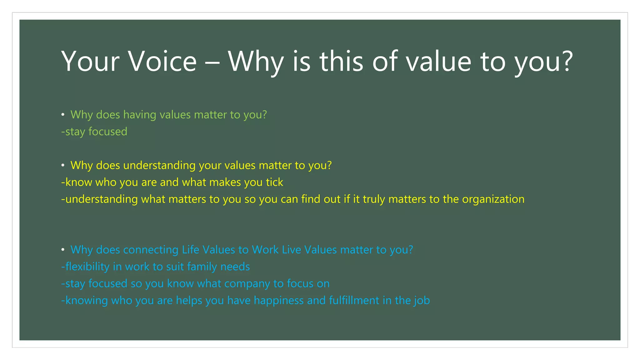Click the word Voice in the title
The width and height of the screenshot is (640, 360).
[x=162, y=61]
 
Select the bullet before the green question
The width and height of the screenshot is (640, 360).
[x=63, y=115]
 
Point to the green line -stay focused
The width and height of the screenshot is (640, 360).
[x=94, y=132]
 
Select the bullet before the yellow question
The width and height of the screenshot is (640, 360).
[x=63, y=165]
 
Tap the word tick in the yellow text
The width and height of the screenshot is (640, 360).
[x=274, y=182]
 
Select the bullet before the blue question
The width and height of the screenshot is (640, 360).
[x=63, y=250]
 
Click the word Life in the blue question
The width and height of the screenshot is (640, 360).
[x=191, y=250]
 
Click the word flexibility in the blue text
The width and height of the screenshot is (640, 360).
[x=87, y=267]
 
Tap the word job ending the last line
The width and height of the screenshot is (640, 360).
[x=422, y=301]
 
